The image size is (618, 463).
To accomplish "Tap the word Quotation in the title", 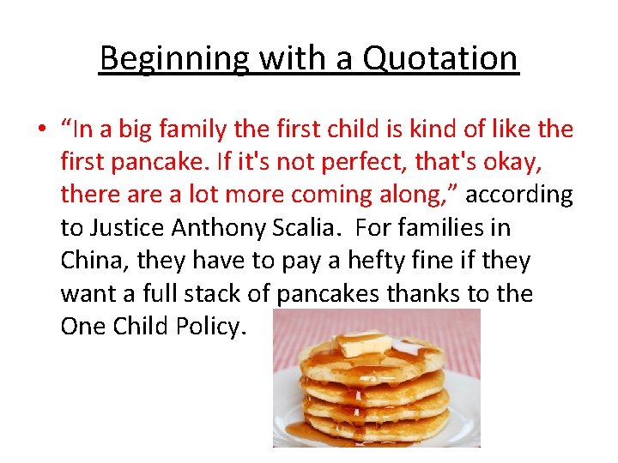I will pos(440,58).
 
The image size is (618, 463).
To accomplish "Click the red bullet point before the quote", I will pos(41,129).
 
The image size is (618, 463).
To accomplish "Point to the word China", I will pos(93,261).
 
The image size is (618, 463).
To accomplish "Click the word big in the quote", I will pos(139,129).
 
